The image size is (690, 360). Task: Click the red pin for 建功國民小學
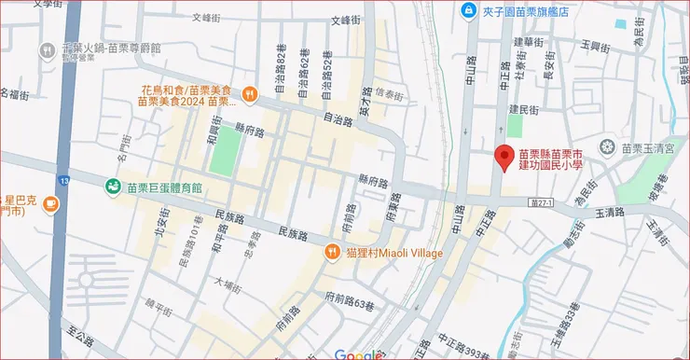504,157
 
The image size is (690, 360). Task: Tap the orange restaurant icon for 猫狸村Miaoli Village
331,252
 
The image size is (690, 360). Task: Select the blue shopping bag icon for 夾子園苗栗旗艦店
467,10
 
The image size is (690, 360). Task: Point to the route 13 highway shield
63,179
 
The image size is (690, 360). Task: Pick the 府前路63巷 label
350,298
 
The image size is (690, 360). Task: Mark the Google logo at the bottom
354,354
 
